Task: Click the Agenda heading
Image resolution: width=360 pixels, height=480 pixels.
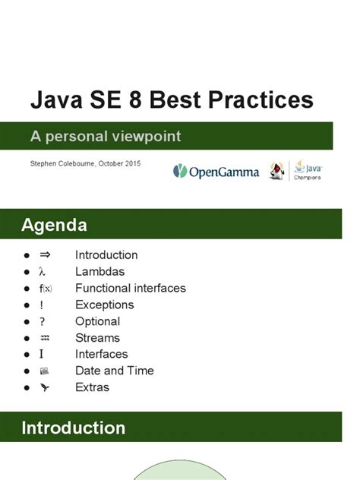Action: [x=54, y=225]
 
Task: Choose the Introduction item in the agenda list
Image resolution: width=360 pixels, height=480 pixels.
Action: [x=106, y=255]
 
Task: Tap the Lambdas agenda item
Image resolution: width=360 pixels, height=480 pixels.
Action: [x=99, y=272]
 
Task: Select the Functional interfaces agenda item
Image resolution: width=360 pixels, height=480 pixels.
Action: [x=130, y=288]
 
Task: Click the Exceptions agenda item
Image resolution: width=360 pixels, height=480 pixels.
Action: [x=104, y=305]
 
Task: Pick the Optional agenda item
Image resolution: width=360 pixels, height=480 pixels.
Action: [x=97, y=321]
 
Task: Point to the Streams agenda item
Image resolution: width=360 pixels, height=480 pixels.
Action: [x=97, y=338]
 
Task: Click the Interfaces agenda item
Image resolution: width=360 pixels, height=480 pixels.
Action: [x=101, y=354]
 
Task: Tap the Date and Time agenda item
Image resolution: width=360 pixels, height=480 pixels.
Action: [x=114, y=371]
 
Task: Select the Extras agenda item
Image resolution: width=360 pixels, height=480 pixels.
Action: [x=92, y=387]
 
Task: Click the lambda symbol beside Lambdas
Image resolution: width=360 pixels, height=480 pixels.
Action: [x=43, y=272]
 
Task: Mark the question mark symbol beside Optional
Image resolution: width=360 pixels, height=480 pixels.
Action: [x=43, y=321]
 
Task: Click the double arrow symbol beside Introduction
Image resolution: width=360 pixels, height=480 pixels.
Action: [x=44, y=255]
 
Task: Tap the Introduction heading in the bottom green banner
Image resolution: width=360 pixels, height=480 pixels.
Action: [x=73, y=428]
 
